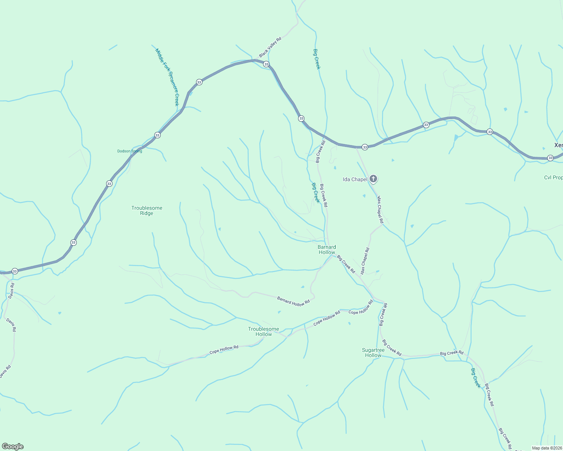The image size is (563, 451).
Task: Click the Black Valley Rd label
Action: pos(270,47)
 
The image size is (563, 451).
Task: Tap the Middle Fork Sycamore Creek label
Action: pos(167,77)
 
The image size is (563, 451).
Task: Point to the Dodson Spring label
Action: pos(130,151)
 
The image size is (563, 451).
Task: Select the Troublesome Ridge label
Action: pos(147,210)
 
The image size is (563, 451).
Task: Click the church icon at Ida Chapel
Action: pos(373,179)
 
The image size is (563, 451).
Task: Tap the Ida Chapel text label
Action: pos(355,179)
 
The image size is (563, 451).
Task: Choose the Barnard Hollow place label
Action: pos(327,250)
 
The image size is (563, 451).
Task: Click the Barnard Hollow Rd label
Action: pos(293,301)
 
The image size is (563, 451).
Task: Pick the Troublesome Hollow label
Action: pos(263,331)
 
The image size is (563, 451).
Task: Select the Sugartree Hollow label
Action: pos(373,353)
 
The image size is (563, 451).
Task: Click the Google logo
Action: pos(13,446)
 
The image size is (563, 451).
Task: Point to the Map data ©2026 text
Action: pos(547,448)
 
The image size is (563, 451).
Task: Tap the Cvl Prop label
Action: pos(553,177)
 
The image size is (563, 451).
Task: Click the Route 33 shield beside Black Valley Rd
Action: pos(266,64)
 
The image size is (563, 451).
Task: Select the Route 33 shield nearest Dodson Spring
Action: pos(157,135)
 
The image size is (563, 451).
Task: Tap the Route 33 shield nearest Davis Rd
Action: pos(15,271)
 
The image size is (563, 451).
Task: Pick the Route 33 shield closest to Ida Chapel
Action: pos(365,147)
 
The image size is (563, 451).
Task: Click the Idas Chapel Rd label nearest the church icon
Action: pos(380,210)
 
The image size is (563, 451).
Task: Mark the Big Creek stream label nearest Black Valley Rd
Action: pos(317,59)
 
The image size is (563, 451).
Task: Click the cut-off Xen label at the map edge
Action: pos(558,145)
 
